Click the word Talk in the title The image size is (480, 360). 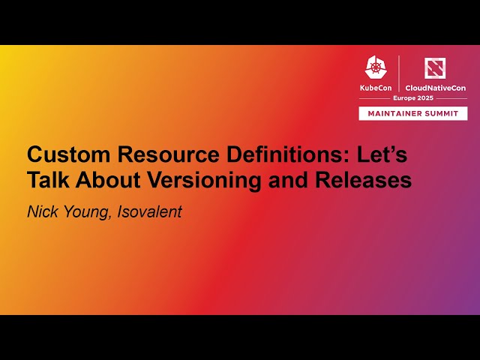tap(47, 181)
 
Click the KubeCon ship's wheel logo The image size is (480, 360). tap(376, 68)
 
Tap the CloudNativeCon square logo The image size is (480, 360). tap(435, 68)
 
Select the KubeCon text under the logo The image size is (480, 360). tap(376, 88)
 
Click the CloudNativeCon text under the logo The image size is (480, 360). tap(435, 88)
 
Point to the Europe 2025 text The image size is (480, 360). tap(414, 98)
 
